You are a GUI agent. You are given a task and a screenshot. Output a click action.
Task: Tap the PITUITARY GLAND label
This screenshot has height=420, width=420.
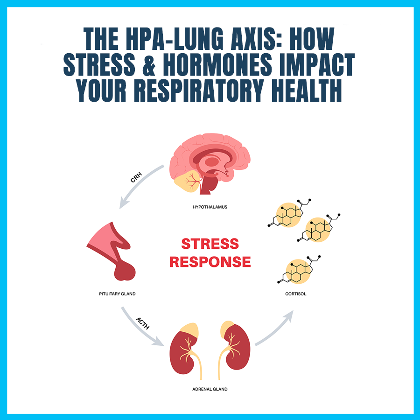point(117,294)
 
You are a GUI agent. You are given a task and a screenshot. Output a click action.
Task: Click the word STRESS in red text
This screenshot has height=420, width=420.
point(210,244)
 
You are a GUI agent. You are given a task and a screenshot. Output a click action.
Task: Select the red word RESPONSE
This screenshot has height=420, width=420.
point(210,262)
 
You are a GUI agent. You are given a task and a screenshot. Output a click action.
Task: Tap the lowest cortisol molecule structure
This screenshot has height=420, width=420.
point(297,271)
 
